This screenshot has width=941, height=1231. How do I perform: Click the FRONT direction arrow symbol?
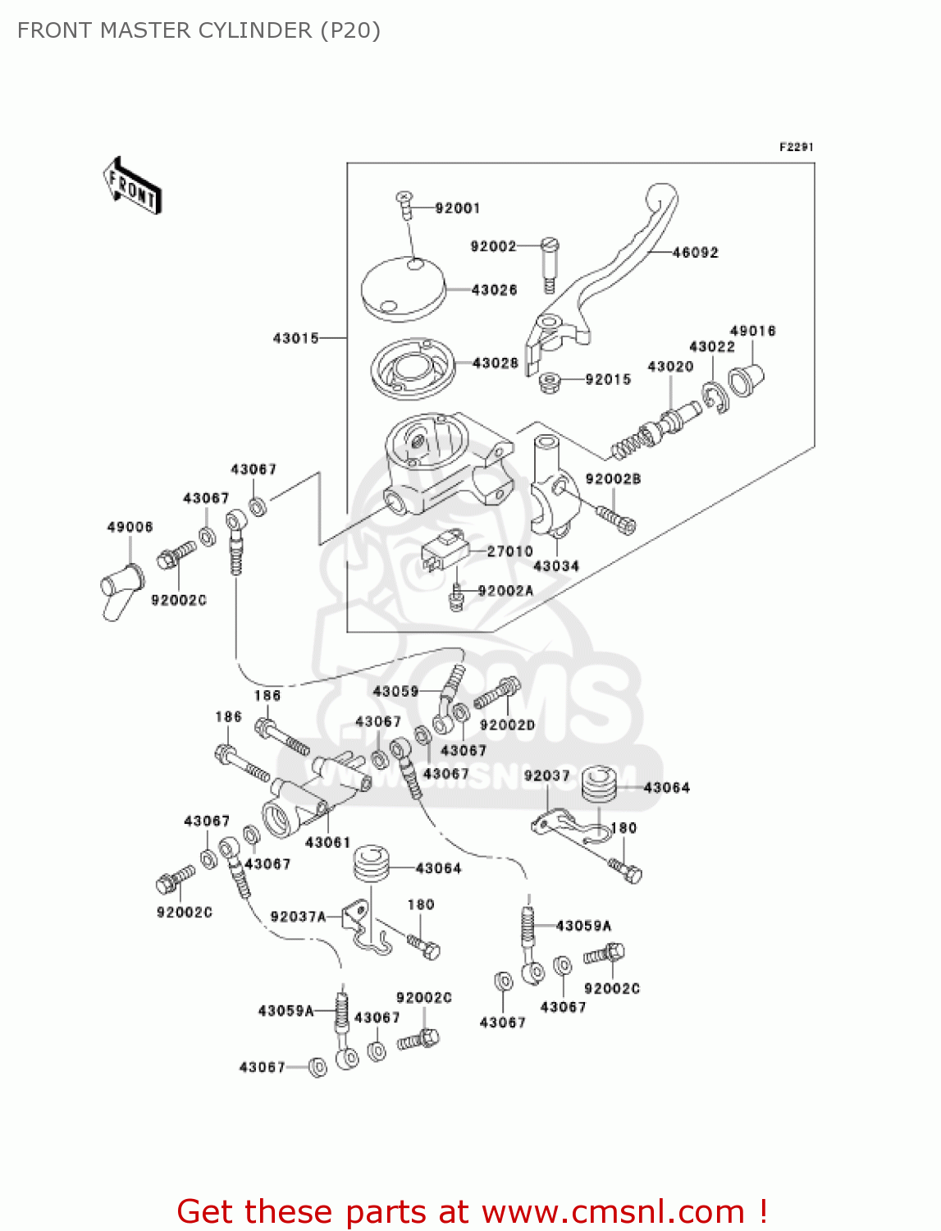click(x=132, y=186)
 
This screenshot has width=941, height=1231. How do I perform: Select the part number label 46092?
click(x=695, y=253)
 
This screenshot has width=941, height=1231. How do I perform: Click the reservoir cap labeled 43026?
click(x=402, y=289)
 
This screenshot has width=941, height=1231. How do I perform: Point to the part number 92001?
click(x=457, y=208)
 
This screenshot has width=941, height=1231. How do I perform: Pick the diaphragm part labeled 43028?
click(x=412, y=367)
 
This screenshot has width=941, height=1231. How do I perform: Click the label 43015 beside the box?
click(x=295, y=338)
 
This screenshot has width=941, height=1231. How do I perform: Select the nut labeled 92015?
click(x=550, y=382)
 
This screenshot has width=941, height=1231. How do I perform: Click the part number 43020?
click(x=670, y=367)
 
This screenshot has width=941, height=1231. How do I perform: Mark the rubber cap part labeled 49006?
click(x=120, y=589)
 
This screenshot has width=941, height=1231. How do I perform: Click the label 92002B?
click(x=613, y=479)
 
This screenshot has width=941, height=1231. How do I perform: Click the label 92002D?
click(x=507, y=725)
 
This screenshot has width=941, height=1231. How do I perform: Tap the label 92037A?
click(x=298, y=917)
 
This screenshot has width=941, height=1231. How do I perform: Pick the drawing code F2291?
click(x=796, y=147)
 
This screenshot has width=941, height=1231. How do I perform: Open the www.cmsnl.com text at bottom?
click(x=613, y=1211)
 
